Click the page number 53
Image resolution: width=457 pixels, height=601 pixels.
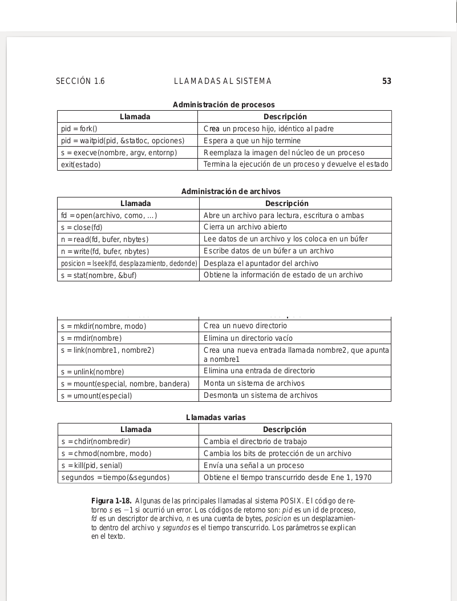pyautogui.click(x=386, y=82)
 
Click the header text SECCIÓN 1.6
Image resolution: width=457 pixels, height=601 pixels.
pyautogui.click(x=80, y=82)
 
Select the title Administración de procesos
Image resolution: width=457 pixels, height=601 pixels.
pyautogui.click(x=224, y=104)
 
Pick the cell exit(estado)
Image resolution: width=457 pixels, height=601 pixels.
pyautogui.click(x=80, y=165)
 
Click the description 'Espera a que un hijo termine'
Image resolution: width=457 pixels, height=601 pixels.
pyautogui.click(x=252, y=140)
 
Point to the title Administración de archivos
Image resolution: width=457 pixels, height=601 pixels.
pyautogui.click(x=230, y=192)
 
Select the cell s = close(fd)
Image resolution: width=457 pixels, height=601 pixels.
pyautogui.click(x=82, y=228)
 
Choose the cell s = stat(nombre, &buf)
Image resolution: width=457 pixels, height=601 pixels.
pyautogui.click(x=99, y=276)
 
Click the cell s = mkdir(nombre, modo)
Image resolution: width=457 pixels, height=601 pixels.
pyautogui.click(x=103, y=326)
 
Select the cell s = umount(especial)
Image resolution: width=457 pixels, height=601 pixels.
pyautogui.click(x=96, y=396)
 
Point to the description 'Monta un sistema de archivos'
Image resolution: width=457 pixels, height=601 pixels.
pyautogui.click(x=254, y=384)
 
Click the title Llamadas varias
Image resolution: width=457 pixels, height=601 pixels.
pyautogui.click(x=216, y=418)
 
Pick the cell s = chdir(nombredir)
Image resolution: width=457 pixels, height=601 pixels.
pyautogui.click(x=96, y=442)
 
